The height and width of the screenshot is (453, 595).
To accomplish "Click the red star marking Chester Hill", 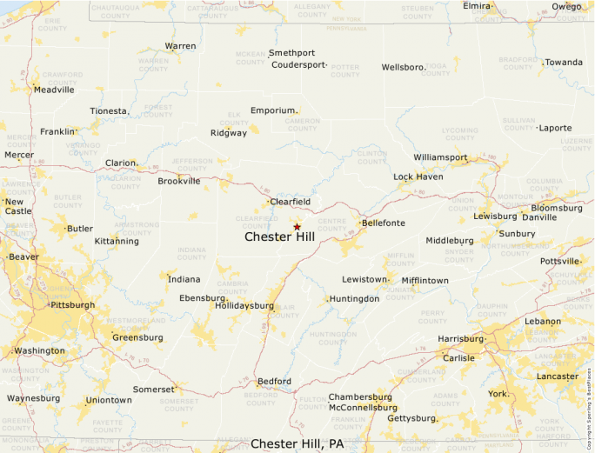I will click(297, 226).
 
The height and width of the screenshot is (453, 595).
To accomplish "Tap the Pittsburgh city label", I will click(73, 305).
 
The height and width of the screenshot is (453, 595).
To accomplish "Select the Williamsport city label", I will click(440, 157).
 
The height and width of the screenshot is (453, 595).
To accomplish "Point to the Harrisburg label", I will click(460, 338).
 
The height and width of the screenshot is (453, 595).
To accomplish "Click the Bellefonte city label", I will click(384, 223).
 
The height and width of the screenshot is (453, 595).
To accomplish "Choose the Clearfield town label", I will click(291, 202).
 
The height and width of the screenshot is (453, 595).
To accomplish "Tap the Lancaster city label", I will click(558, 376).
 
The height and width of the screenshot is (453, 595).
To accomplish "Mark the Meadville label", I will click(54, 90).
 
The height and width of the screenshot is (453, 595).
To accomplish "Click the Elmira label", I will click(478, 6).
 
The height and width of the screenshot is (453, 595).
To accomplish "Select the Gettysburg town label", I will click(410, 418).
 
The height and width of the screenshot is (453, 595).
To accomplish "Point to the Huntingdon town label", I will click(355, 298).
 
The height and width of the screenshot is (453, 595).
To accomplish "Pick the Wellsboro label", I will click(403, 67).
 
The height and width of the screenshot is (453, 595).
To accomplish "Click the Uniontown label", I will click(109, 400).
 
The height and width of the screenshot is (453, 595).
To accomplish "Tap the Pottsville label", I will click(559, 261).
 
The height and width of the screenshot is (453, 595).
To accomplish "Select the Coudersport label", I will click(297, 64).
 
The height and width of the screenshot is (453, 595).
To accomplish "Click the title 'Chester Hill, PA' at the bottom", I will click(297, 444).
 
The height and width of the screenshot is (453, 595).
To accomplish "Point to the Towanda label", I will click(564, 63).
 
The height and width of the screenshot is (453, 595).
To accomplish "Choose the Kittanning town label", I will click(117, 241).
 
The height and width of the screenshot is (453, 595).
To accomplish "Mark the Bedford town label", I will click(274, 382).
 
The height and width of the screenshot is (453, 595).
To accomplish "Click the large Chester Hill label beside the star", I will click(279, 236).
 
